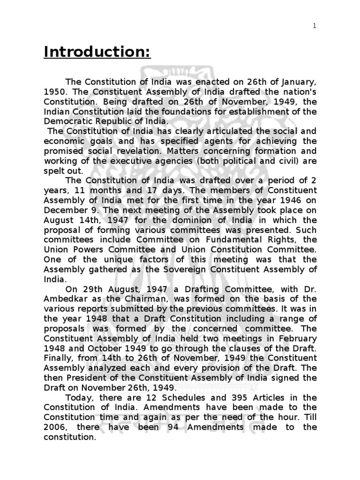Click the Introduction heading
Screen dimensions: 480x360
[x=97, y=52]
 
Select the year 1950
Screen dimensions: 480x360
[x=54, y=93]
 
